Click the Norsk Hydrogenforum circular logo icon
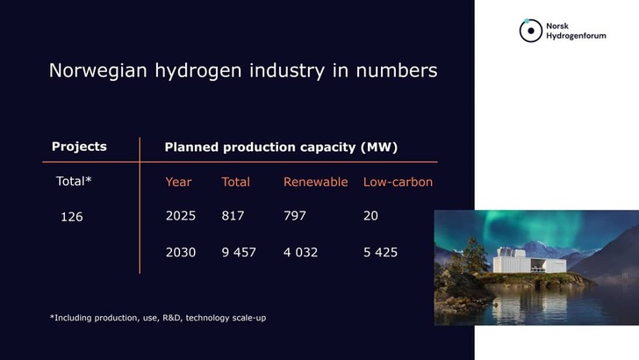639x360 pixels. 529,31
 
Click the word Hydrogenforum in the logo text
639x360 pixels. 577,36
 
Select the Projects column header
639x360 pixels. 79,147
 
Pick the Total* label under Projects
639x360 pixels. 75,182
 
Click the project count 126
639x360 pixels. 71,216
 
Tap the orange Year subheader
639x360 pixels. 178,182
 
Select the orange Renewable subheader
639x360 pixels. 315,182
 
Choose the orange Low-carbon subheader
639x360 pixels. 398,182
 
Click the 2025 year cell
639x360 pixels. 181,215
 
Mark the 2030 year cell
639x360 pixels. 181,252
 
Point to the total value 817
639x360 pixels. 233,215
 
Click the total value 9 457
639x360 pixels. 239,252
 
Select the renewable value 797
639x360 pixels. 295,215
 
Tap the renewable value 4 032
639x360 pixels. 300,252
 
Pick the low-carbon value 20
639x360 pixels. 370,215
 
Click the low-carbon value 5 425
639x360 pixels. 380,252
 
